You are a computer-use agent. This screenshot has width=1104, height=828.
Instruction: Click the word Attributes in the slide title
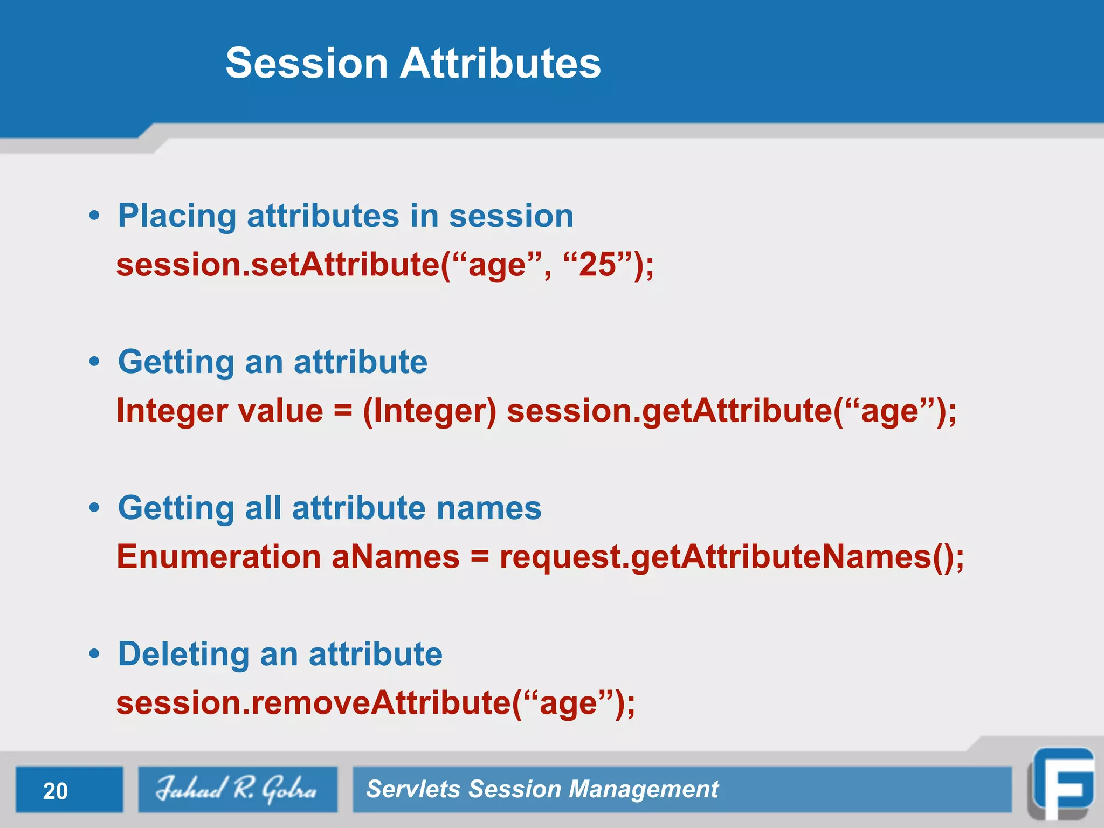[500, 64]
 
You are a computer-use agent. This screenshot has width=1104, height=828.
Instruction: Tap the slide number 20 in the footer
[56, 791]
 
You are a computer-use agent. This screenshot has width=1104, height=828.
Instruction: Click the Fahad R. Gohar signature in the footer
[237, 789]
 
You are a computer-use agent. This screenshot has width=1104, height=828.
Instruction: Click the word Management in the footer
[644, 789]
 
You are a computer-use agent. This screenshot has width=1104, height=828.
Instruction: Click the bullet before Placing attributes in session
[95, 216]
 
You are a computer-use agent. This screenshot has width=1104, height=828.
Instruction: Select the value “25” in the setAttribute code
[597, 265]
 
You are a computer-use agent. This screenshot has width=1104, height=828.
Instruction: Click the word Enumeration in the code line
[219, 557]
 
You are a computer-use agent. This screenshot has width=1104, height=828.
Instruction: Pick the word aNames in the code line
[395, 557]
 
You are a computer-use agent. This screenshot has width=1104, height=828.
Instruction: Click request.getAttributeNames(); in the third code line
[731, 557]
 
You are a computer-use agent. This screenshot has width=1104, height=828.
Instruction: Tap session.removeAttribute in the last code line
[313, 703]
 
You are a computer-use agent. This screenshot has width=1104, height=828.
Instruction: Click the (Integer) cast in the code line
[429, 411]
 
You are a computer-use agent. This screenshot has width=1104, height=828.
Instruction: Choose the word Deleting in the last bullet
[183, 654]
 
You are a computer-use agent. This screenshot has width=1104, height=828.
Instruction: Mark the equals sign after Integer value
[343, 412]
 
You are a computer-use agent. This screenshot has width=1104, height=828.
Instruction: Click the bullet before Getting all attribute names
[95, 508]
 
